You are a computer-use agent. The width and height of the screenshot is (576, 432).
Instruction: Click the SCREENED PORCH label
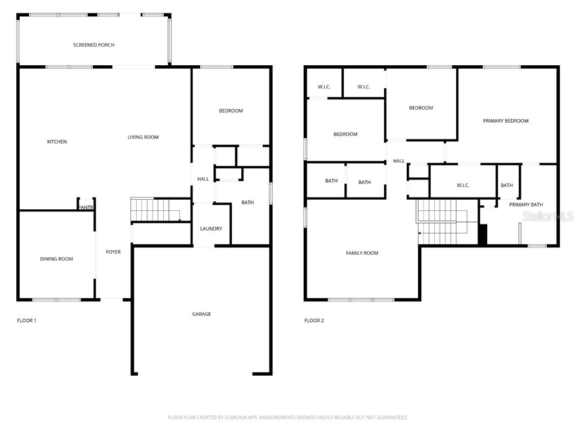[x=93, y=45]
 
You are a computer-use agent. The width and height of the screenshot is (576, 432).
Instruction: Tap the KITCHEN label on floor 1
[x=57, y=142]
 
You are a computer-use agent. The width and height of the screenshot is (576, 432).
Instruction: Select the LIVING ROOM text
[x=143, y=137]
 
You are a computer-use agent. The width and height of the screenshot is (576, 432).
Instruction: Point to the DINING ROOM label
[x=56, y=259]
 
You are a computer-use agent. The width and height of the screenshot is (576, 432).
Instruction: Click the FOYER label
[x=113, y=252]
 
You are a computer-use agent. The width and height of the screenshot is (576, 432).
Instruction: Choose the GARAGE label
[x=201, y=314]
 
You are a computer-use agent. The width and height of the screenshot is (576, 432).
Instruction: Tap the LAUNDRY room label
[x=211, y=229]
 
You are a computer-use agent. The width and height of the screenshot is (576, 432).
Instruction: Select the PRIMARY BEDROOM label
[x=506, y=121]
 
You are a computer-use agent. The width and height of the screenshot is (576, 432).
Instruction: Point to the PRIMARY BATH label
[x=526, y=205]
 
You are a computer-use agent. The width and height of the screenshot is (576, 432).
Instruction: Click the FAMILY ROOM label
[x=362, y=253]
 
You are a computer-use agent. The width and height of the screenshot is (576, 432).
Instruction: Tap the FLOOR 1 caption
[x=26, y=321]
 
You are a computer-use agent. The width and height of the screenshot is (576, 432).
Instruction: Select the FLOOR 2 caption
[x=314, y=321]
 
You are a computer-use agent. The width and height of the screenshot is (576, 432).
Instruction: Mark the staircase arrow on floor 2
[x=420, y=232]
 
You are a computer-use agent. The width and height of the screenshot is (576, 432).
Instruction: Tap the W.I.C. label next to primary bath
[x=463, y=186]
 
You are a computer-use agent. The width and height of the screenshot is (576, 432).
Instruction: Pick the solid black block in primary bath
[x=482, y=234]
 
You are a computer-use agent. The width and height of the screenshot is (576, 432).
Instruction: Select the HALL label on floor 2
[x=399, y=161]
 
